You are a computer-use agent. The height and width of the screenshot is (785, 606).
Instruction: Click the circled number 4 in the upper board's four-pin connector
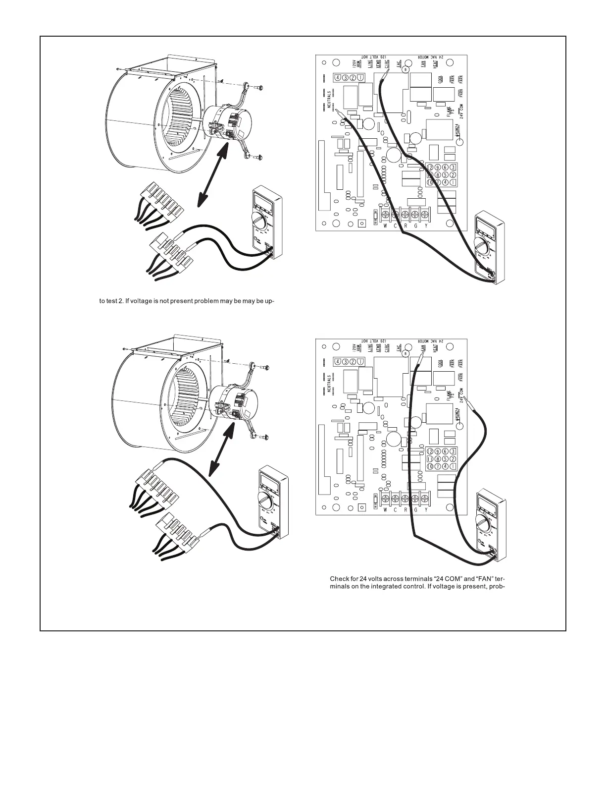[338, 77]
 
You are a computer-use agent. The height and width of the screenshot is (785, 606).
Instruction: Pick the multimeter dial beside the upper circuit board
[483, 245]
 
